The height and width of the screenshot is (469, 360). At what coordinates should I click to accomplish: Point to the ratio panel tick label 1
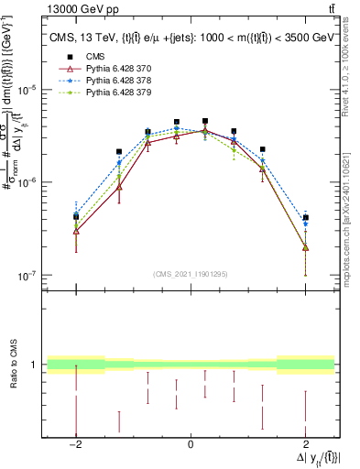[35, 365]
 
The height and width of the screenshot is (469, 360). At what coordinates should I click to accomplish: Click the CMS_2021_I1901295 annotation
[190, 274]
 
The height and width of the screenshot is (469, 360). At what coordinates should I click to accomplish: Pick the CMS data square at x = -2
[76, 217]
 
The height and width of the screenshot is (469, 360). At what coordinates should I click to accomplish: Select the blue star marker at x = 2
[305, 224]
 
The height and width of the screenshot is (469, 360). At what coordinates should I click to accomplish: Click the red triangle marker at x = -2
[76, 231]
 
